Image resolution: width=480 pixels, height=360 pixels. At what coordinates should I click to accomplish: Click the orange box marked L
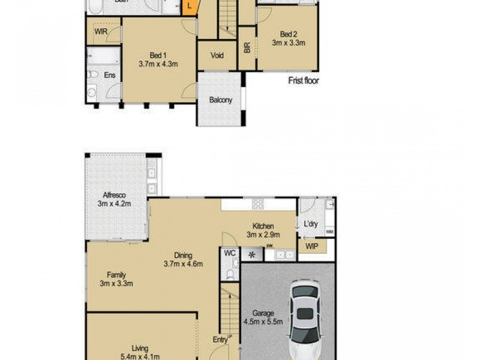pyautogui.click(x=190, y=7)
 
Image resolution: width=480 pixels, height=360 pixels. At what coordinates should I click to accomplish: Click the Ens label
pyautogui.click(x=110, y=75)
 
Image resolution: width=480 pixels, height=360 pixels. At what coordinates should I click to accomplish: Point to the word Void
pyautogui.click(x=217, y=56)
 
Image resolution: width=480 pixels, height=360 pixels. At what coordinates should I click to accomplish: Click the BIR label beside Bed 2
pyautogui.click(x=247, y=48)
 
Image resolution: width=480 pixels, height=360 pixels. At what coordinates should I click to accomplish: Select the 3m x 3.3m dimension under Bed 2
pyautogui.click(x=289, y=43)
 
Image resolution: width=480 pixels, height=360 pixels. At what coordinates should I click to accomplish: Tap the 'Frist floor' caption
pyautogui.click(x=303, y=81)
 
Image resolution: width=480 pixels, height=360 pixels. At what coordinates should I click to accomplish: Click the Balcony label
pyautogui.click(x=221, y=100)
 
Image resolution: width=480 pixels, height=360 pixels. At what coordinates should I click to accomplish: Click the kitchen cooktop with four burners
pyautogui.click(x=259, y=204)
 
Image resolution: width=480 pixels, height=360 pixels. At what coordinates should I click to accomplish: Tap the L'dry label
pyautogui.click(x=311, y=224)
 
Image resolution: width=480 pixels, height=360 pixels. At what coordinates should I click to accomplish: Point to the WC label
pyautogui.click(x=229, y=254)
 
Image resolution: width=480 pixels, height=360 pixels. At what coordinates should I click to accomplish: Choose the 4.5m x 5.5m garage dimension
pyautogui.click(x=263, y=322)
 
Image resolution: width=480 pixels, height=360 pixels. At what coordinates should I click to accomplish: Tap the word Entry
pyautogui.click(x=220, y=340)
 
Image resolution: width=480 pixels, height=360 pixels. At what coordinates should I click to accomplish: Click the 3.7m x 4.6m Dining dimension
pyautogui.click(x=183, y=263)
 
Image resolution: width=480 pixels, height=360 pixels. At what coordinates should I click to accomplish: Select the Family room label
pyautogui.click(x=116, y=275)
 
